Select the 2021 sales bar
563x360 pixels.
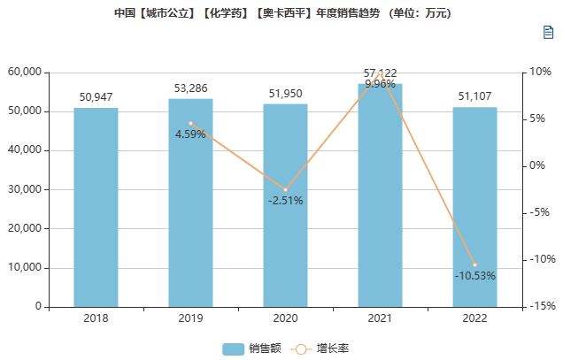380,195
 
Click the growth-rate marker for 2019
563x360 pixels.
190,123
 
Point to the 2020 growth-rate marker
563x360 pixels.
285,190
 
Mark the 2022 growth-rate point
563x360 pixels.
474,264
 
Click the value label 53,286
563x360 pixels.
190,88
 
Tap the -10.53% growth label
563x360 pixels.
474,276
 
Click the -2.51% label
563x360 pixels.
285,201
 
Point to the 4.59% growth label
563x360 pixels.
190,134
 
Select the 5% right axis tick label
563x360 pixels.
538,119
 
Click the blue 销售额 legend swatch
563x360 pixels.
233,349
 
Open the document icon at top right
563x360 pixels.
548,33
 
